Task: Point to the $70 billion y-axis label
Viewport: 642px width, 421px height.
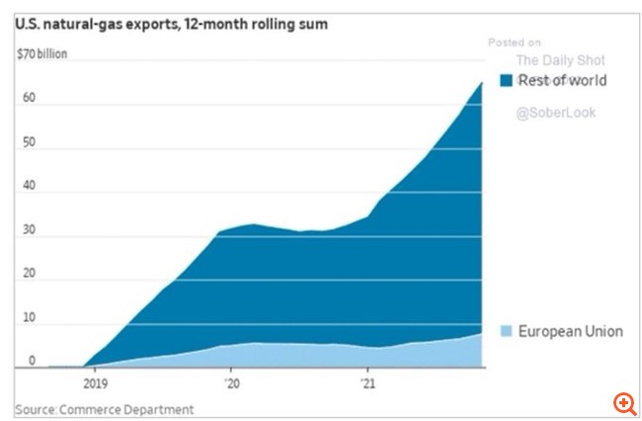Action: tap(41, 53)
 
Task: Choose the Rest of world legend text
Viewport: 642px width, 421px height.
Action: tap(562, 80)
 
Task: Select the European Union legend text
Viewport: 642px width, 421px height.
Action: tap(570, 331)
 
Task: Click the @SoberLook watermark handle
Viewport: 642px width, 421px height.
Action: tap(555, 113)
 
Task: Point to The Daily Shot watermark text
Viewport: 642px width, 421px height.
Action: tap(560, 59)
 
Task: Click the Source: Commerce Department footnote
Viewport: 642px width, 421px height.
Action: tap(104, 408)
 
